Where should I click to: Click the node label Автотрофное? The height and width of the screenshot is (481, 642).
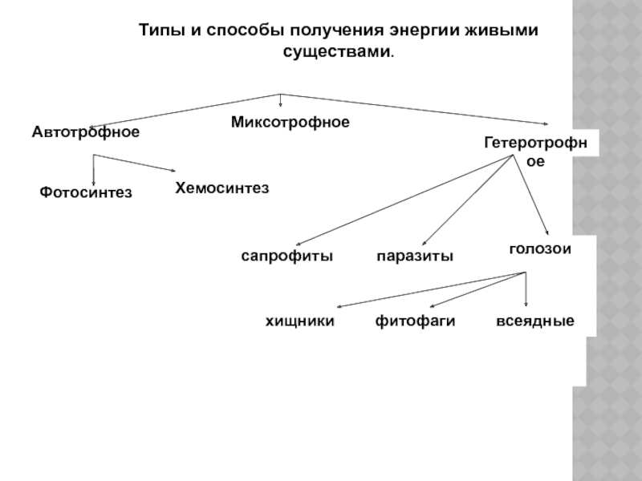point(86,131)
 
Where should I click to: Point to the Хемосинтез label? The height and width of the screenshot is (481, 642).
point(221,188)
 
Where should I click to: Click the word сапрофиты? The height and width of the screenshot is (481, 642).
point(287,257)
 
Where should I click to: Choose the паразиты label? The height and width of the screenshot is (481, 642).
point(415,257)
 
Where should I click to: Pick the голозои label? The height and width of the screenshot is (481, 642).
point(539,249)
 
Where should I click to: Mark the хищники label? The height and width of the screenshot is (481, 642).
point(299,321)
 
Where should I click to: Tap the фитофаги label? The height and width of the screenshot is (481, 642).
point(415,321)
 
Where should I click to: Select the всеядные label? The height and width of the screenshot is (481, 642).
point(535,321)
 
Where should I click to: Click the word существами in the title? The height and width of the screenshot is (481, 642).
point(337,52)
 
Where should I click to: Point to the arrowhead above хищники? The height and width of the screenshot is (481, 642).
point(339,306)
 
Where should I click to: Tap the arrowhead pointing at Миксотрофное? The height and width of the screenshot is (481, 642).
point(280,104)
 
